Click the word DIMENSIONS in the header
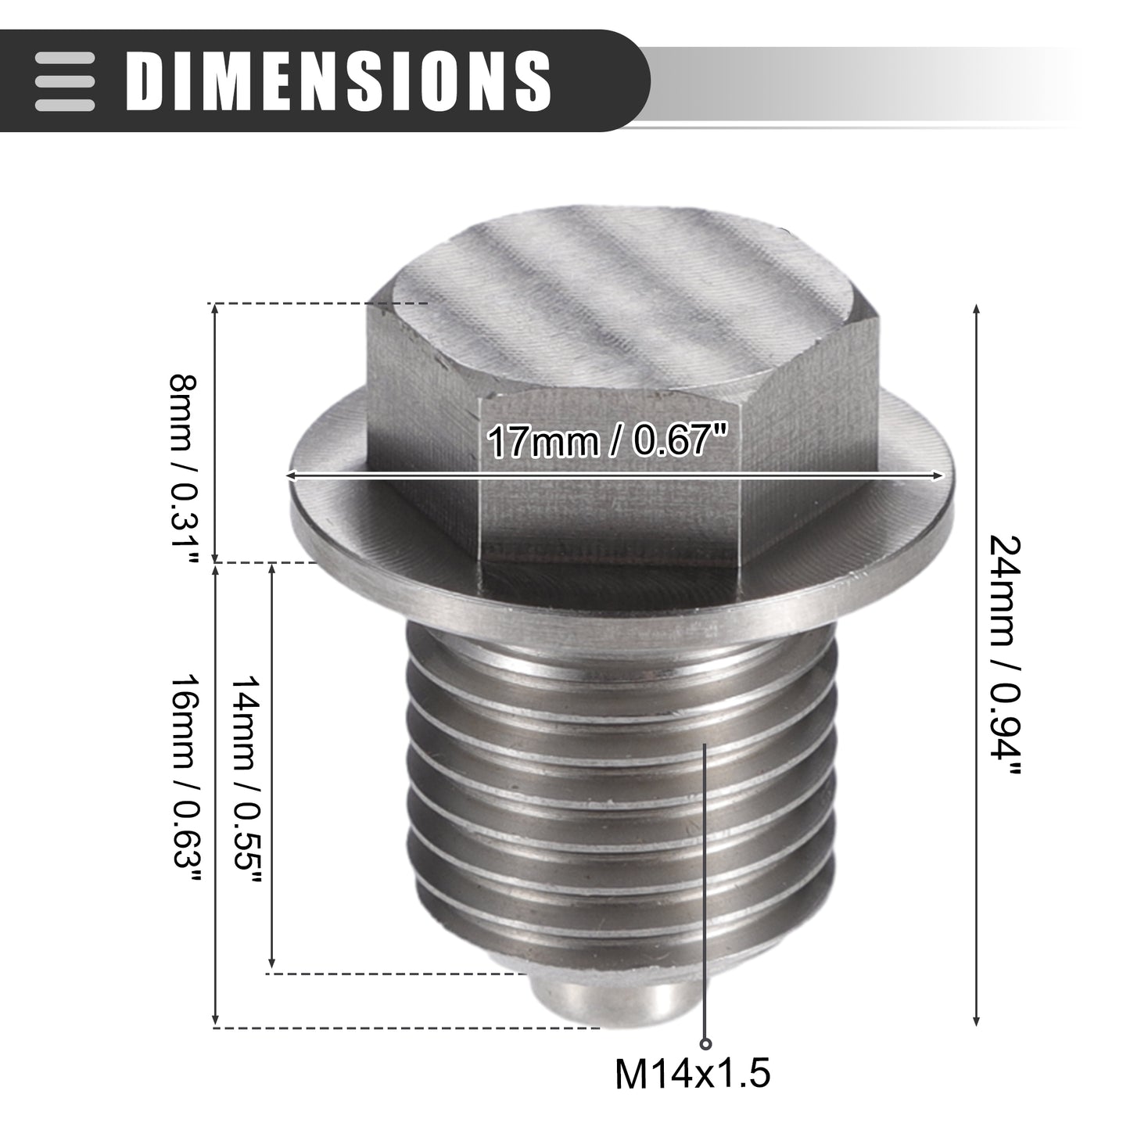[x=339, y=81]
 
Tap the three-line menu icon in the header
[x=64, y=81]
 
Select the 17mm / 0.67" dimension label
[x=607, y=440]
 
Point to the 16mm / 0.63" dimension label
[x=186, y=779]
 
